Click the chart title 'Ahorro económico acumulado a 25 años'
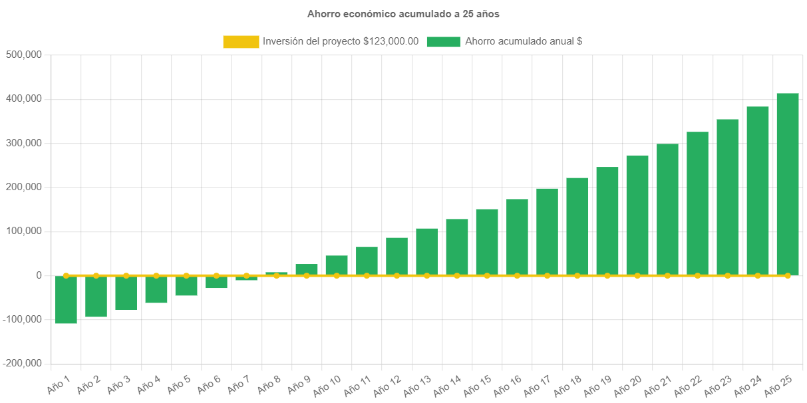[x=403, y=13]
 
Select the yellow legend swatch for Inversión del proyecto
[x=241, y=41]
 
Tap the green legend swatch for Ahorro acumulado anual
[x=443, y=41]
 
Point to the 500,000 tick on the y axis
[x=24, y=55]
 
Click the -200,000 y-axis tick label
[x=23, y=363]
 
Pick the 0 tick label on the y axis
[x=39, y=275]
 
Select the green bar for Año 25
[x=788, y=184]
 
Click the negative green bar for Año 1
[x=66, y=300]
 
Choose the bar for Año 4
[x=156, y=290]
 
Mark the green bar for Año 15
[x=487, y=242]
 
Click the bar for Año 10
[x=337, y=265]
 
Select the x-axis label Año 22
[x=688, y=384]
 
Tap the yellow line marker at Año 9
[x=307, y=275]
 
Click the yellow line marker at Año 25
[x=788, y=275]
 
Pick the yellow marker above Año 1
[x=66, y=275]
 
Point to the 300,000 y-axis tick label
[x=24, y=143]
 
